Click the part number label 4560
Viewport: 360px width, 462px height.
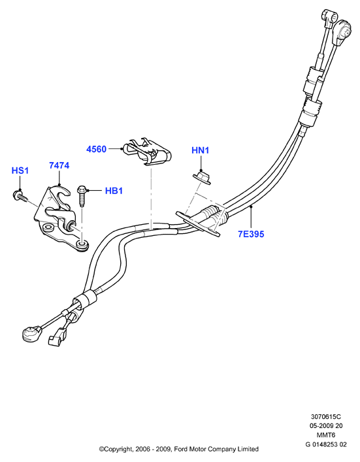(x=96, y=149)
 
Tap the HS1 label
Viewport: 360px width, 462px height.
(x=20, y=171)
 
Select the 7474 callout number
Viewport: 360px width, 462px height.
(x=59, y=165)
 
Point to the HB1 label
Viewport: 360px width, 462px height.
(x=114, y=191)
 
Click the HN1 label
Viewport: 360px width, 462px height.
(x=201, y=150)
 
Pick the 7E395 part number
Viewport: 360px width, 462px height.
(x=251, y=234)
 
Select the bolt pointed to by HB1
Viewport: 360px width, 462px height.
(x=82, y=195)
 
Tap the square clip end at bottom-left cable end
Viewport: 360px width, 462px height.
(x=56, y=338)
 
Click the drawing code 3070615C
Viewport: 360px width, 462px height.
(x=326, y=417)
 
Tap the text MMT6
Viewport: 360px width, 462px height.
(x=326, y=435)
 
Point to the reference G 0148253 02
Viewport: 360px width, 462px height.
(x=326, y=444)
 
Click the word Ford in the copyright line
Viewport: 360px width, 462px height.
(x=180, y=450)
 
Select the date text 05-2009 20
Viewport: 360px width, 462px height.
(x=326, y=426)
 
